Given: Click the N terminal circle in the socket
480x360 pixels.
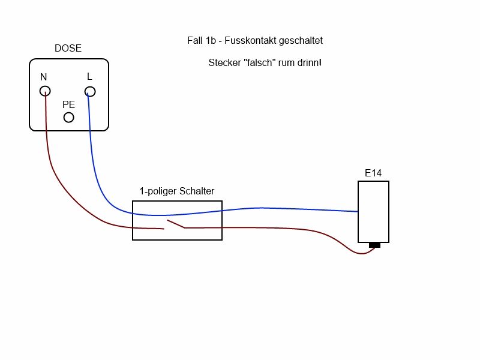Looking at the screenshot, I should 45,91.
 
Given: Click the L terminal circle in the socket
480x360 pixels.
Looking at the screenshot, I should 90,92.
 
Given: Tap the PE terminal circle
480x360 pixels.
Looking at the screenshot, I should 69,117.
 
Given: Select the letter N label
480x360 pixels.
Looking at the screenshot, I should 44,77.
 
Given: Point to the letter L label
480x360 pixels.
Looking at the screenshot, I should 89,77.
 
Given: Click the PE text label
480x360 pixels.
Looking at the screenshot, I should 69,104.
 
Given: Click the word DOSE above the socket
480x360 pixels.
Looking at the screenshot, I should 68,49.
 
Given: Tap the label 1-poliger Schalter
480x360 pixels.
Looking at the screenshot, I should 177,191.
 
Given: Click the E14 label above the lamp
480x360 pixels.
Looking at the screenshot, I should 373,173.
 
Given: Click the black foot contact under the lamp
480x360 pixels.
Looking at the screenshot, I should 374,245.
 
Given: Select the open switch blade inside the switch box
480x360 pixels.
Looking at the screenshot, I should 175,225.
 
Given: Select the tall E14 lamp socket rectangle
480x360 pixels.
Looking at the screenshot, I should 373,211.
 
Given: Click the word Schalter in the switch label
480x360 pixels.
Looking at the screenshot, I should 197,191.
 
